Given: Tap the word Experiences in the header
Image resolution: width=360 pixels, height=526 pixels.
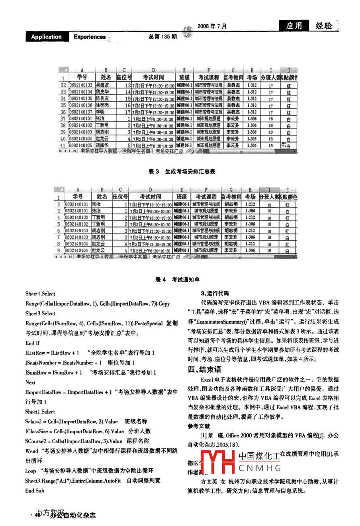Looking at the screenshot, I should [90, 37].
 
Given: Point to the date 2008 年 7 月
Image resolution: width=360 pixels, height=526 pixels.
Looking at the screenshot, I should [212, 26].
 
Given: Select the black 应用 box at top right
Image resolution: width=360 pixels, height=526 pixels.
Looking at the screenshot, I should [294, 26].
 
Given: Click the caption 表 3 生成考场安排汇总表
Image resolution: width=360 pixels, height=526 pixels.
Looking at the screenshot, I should [182, 172].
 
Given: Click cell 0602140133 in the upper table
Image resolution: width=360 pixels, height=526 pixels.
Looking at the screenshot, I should [81, 85].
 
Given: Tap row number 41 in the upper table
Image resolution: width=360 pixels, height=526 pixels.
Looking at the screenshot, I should [63, 146].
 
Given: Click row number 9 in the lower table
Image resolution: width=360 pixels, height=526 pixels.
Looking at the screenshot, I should [59, 251].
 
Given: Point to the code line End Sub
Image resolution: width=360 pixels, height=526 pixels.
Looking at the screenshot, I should [35, 491].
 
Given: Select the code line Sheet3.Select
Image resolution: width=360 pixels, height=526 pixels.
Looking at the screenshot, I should [40, 314].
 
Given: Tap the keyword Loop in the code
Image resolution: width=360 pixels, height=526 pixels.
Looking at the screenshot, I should [30, 471].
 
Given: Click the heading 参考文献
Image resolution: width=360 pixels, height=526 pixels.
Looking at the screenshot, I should [198, 426].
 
